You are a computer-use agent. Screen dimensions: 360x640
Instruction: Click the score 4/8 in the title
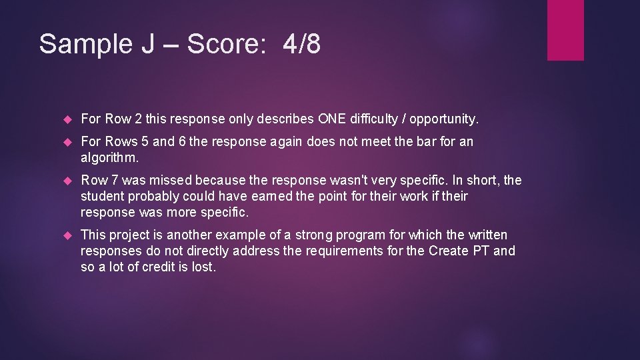pyautogui.click(x=301, y=44)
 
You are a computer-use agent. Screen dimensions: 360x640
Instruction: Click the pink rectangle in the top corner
pyautogui.click(x=565, y=30)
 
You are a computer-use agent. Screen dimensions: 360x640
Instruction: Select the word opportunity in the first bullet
pyautogui.click(x=443, y=119)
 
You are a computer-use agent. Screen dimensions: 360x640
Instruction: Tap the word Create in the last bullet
pyautogui.click(x=449, y=251)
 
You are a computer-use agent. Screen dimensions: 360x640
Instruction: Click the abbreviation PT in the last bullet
pyautogui.click(x=481, y=251)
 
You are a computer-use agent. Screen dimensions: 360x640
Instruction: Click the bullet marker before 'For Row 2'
pyautogui.click(x=67, y=120)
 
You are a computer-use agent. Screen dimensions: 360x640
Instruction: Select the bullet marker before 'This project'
pyautogui.click(x=67, y=235)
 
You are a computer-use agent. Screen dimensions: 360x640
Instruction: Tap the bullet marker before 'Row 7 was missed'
pyautogui.click(x=67, y=181)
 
